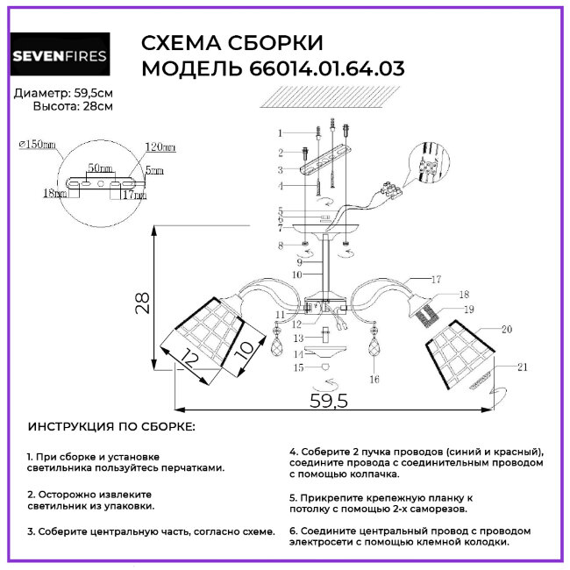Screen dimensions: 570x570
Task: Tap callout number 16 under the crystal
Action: (374, 380)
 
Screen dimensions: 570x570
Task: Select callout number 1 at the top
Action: (280, 132)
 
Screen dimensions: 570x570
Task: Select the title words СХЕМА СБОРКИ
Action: (232, 44)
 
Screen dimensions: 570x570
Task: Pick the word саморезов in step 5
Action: (440, 508)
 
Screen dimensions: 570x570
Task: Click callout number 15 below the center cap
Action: (298, 367)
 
